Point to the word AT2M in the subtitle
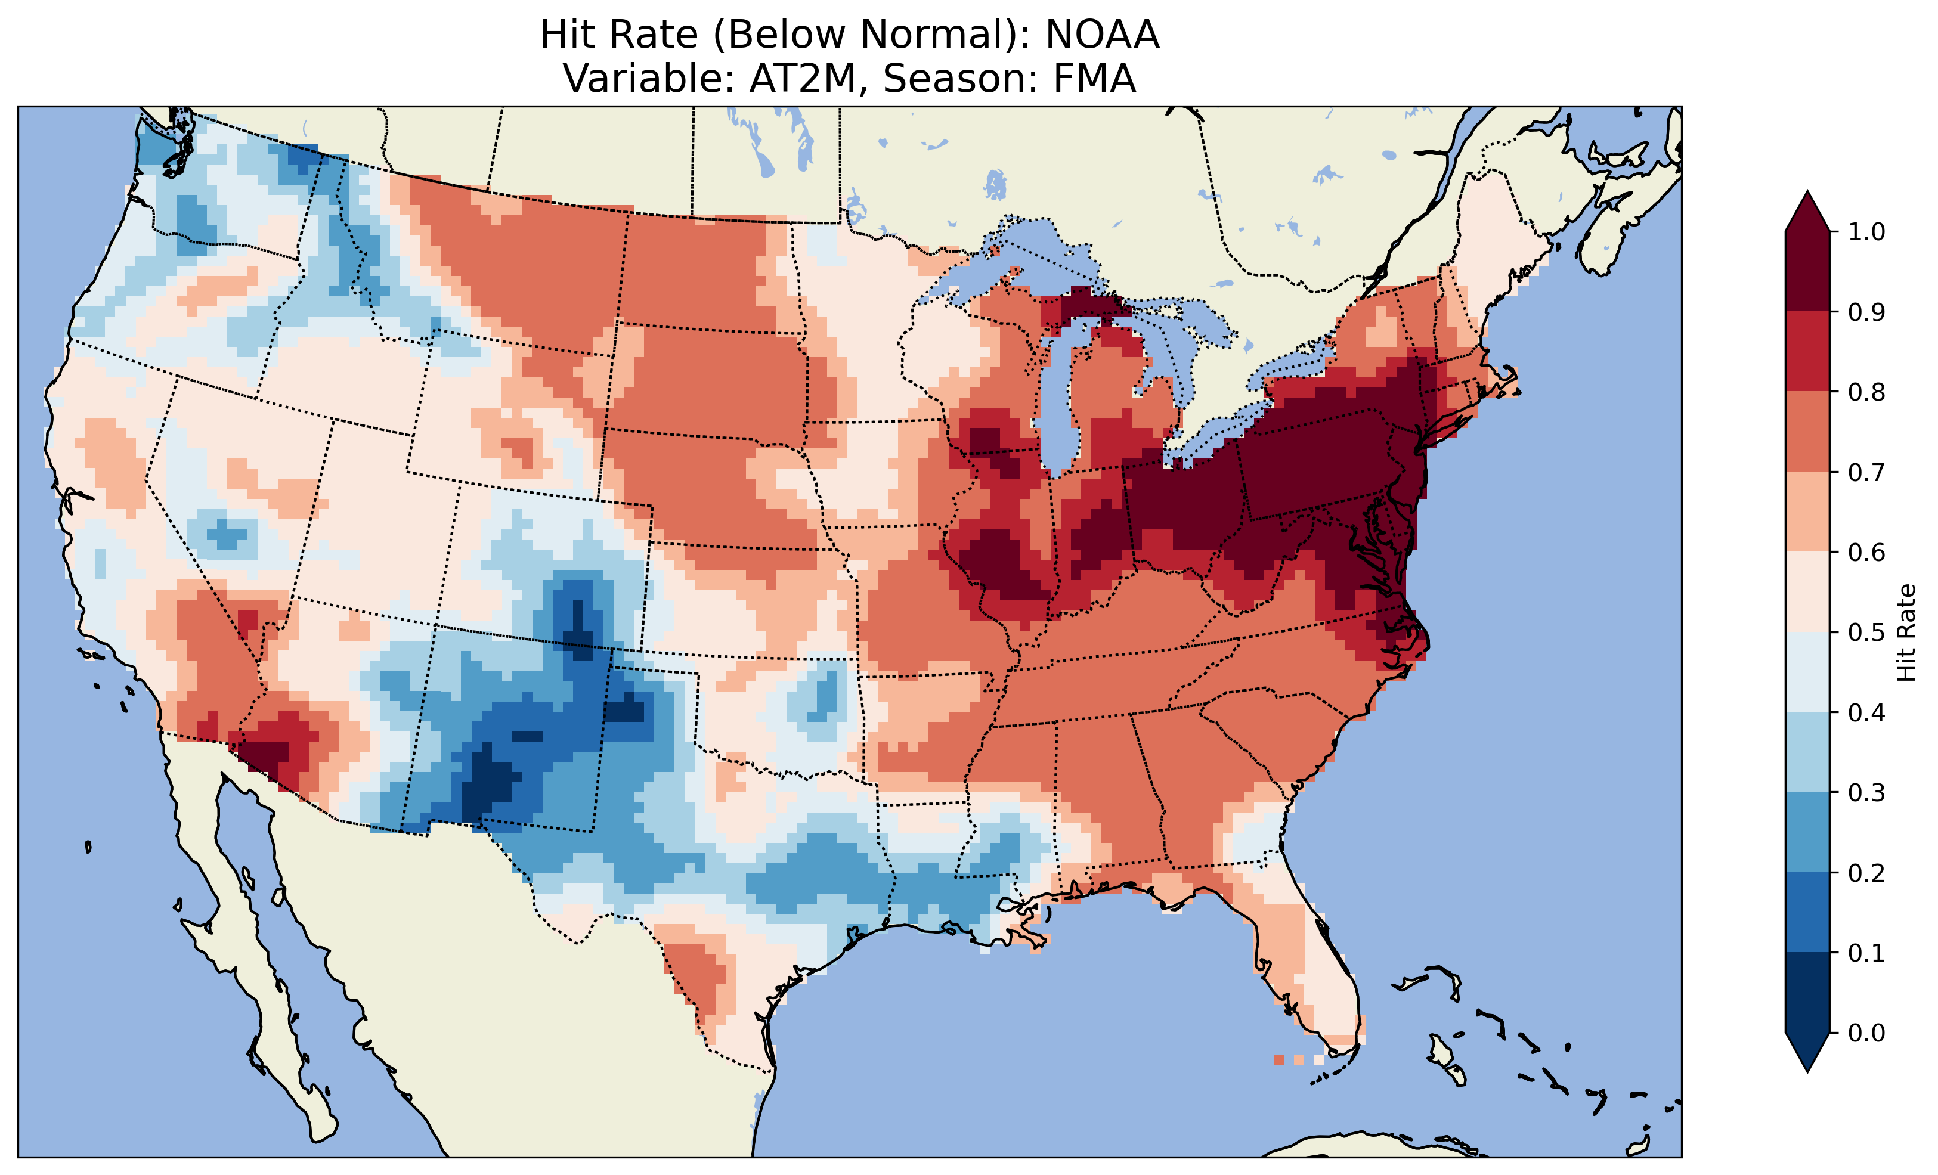[801, 79]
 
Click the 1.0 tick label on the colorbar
[1866, 232]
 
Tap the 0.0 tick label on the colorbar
[1866, 1033]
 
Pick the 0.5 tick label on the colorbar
[1866, 633]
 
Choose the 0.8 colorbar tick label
[1866, 392]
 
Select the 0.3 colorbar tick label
[1866, 793]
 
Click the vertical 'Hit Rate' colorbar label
[1906, 633]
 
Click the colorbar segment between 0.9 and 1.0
[1807, 271]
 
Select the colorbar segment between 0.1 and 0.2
[1807, 912]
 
